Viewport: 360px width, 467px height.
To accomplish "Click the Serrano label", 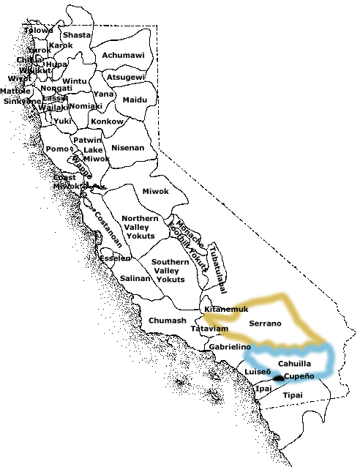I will [265, 323].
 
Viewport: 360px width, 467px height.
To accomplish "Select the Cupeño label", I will [299, 376].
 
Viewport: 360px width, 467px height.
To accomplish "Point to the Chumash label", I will [168, 321].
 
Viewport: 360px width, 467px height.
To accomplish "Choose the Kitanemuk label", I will [227, 309].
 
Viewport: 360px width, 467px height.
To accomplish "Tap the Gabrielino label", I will [230, 346].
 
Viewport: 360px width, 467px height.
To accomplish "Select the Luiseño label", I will [258, 371].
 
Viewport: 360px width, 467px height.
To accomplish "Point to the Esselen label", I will [115, 258].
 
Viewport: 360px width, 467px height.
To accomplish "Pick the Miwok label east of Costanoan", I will [155, 191].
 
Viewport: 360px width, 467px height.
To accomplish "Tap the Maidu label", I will [135, 100].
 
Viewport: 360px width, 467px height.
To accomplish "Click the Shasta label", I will [77, 35].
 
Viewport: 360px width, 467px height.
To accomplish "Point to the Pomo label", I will [56, 149].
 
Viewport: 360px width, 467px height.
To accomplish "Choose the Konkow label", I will [107, 121].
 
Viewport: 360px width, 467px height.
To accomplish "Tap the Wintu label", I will [75, 81].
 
